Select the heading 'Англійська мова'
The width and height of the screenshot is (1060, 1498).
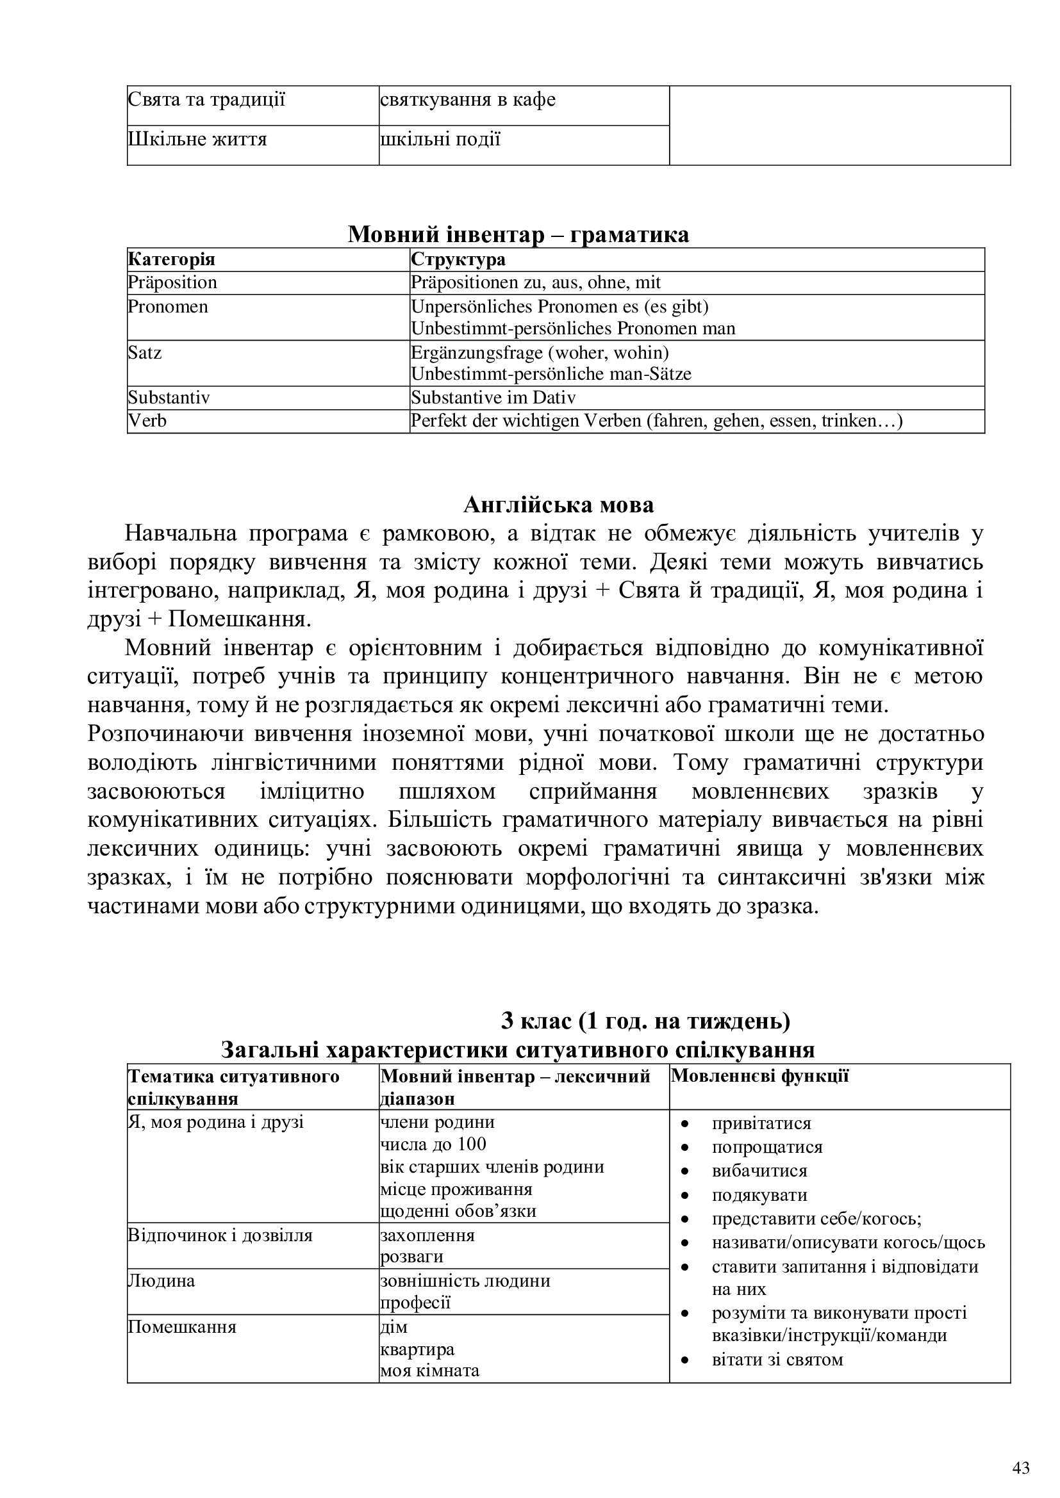pos(559,504)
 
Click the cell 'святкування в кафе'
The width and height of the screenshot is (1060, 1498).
pos(467,100)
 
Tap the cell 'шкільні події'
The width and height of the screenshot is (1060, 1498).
pos(440,140)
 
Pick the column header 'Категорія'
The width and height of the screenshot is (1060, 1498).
pos(172,259)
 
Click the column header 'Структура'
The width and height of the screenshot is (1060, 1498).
pos(458,259)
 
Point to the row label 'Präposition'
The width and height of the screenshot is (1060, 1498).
pos(172,282)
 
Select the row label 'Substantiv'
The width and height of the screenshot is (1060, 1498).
pos(169,397)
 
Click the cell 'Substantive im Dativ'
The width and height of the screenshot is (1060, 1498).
pos(493,397)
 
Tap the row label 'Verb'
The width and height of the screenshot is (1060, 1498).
pos(147,421)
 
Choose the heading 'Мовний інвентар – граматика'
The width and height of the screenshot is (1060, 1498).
pos(518,234)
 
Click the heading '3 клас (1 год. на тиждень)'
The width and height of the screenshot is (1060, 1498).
pos(645,1020)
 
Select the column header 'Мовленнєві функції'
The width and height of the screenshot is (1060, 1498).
pos(760,1076)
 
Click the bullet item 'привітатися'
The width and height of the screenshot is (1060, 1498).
pos(761,1123)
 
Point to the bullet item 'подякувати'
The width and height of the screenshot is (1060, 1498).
pos(760,1194)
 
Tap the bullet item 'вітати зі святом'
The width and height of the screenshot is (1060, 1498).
pos(777,1360)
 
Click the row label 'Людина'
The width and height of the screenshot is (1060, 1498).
pos(162,1281)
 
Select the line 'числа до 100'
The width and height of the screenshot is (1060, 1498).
pos(433,1144)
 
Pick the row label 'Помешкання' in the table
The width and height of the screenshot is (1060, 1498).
pos(182,1327)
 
